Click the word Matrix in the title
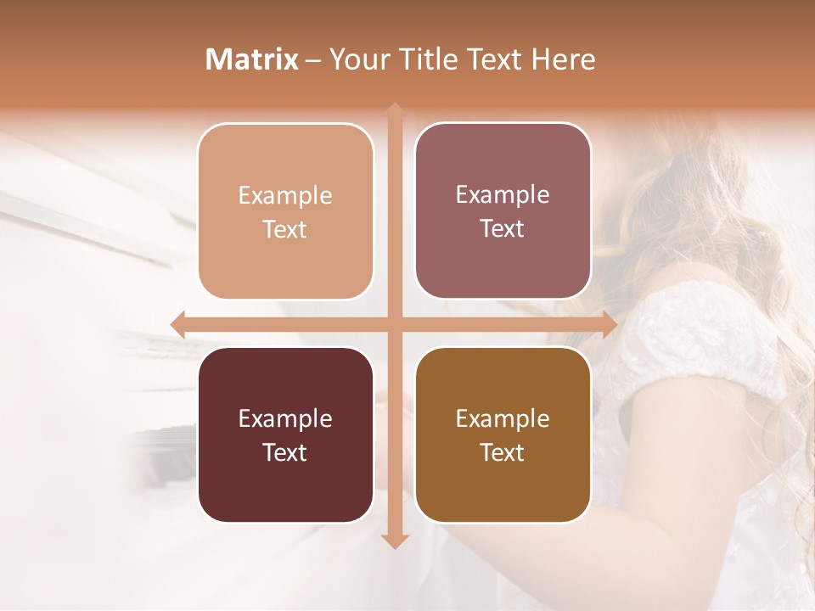coord(252,59)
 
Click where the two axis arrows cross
coord(394,324)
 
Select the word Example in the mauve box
coord(503,194)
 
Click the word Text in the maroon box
coord(284,452)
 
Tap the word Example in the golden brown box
coord(503,418)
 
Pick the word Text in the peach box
coord(284,229)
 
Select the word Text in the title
coord(495,59)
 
